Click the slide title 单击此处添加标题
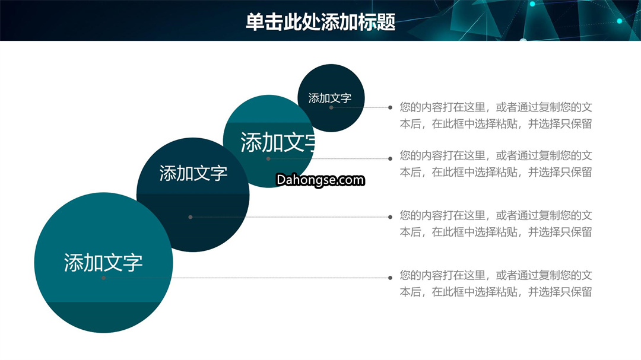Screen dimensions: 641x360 [320, 22]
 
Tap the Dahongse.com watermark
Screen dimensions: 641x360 [320, 180]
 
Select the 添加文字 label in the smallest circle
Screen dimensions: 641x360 [330, 98]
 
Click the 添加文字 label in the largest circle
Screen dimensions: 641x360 [103, 262]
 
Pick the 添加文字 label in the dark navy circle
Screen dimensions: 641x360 [193, 173]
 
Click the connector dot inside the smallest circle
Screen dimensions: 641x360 [331, 107]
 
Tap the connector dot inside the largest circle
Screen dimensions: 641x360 [104, 278]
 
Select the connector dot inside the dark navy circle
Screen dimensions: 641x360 [191, 217]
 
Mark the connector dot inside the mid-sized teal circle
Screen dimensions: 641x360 [268, 158]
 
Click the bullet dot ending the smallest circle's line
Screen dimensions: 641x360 [391, 107]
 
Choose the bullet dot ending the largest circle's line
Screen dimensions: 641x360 [391, 278]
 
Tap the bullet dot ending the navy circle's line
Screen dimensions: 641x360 [391, 217]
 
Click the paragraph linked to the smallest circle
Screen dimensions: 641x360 [496, 116]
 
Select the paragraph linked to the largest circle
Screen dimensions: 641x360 [496, 283]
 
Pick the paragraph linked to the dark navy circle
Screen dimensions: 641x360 [496, 224]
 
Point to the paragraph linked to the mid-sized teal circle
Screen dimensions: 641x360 [496, 164]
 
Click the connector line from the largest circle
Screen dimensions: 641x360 [247, 278]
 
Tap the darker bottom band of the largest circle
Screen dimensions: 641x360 [103, 317]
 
